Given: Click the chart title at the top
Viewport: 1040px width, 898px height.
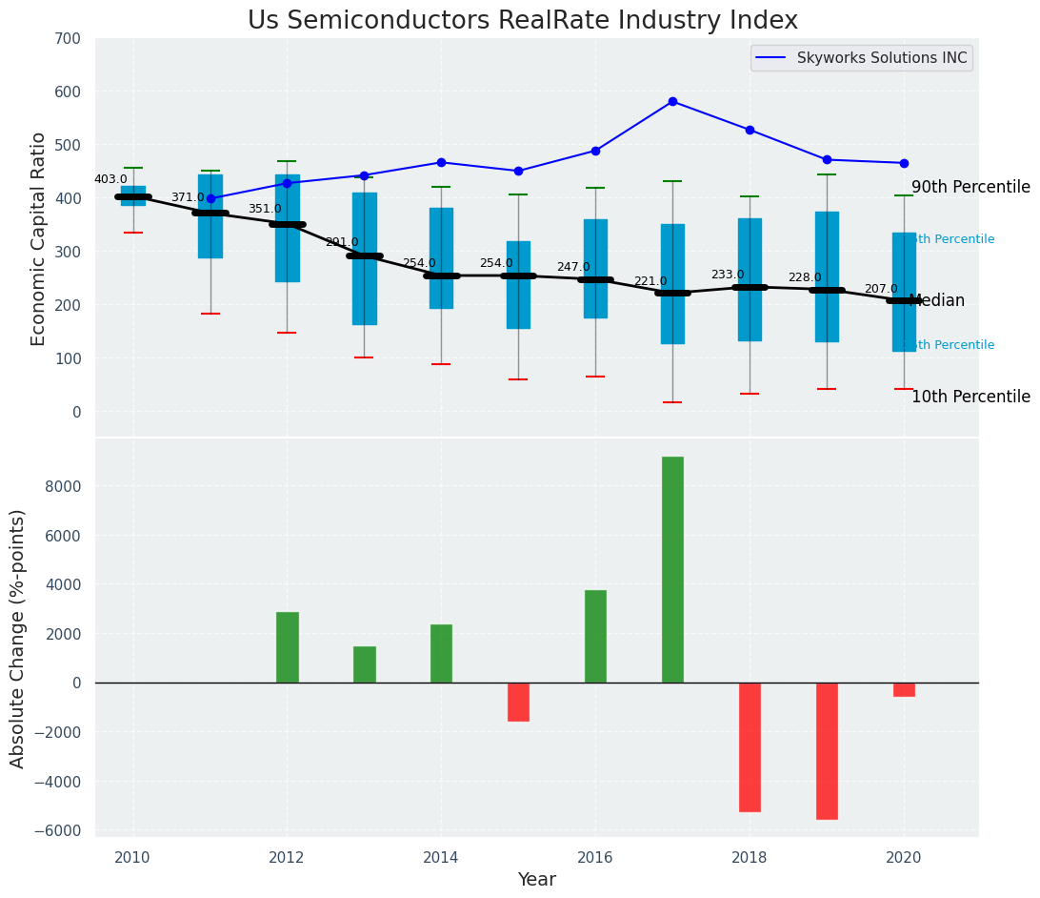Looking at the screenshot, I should (x=523, y=21).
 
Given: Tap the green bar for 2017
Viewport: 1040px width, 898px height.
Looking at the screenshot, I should (x=672, y=570).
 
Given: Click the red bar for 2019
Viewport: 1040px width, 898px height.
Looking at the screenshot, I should (x=827, y=750).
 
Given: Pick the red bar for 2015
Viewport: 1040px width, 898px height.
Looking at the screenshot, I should (x=518, y=702).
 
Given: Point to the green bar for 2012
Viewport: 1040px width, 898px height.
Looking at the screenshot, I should (x=287, y=647).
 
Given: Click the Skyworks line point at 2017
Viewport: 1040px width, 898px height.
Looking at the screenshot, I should (x=672, y=101).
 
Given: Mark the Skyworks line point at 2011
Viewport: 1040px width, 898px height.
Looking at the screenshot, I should (x=210, y=198).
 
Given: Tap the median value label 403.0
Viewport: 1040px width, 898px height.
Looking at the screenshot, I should (x=110, y=179).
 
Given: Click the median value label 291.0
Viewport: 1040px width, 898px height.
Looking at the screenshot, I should (x=342, y=242).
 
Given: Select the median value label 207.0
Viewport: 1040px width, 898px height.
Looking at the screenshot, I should (x=881, y=289).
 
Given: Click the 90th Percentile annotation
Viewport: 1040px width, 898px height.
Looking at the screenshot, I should (x=970, y=187).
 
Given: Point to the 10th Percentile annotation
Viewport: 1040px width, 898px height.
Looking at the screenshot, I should (x=970, y=397).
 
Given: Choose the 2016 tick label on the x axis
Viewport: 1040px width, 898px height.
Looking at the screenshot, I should (x=595, y=858).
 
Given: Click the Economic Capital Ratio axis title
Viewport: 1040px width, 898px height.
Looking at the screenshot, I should (x=39, y=239).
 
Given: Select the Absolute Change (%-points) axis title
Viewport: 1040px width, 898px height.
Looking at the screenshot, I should (x=18, y=638).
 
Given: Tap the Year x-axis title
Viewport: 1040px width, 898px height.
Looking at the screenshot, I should (x=537, y=880).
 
